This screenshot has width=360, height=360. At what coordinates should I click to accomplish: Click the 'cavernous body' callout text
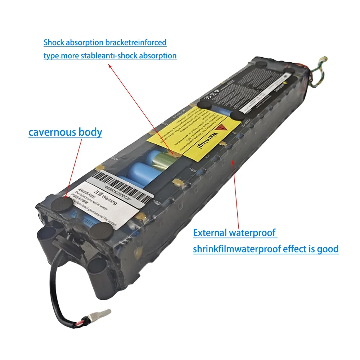click(65, 132)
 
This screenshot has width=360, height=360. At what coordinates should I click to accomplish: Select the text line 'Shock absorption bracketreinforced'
click(105, 42)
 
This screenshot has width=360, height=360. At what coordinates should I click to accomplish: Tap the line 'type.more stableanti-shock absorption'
click(110, 56)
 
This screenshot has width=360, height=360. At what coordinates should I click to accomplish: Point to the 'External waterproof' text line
click(235, 233)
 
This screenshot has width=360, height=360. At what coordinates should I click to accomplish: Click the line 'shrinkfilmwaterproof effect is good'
click(266, 249)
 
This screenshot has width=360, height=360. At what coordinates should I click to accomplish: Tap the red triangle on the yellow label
click(224, 129)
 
